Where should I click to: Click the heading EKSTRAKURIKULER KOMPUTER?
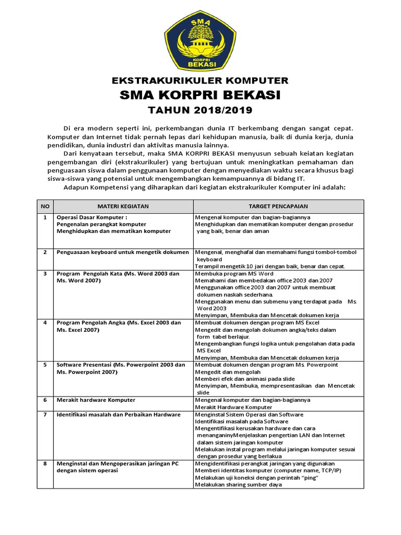[x=200, y=80]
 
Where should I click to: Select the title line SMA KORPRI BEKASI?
[x=200, y=95]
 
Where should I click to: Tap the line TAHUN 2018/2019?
[x=200, y=110]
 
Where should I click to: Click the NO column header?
[x=45, y=206]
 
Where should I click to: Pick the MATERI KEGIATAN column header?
[x=124, y=206]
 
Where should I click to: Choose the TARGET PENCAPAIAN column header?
[x=278, y=206]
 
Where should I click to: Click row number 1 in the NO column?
[x=45, y=217]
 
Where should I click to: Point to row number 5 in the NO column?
[x=45, y=365]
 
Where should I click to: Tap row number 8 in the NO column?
[x=45, y=463]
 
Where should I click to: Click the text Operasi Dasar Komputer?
[x=92, y=217]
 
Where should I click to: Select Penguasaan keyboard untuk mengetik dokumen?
[x=123, y=252]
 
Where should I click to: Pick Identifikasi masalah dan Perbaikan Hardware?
[x=119, y=414]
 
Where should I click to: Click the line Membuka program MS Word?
[x=234, y=274]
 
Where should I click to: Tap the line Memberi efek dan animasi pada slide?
[x=245, y=378]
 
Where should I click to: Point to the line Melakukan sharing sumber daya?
[x=238, y=484]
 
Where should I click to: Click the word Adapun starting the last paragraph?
[x=76, y=188]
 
